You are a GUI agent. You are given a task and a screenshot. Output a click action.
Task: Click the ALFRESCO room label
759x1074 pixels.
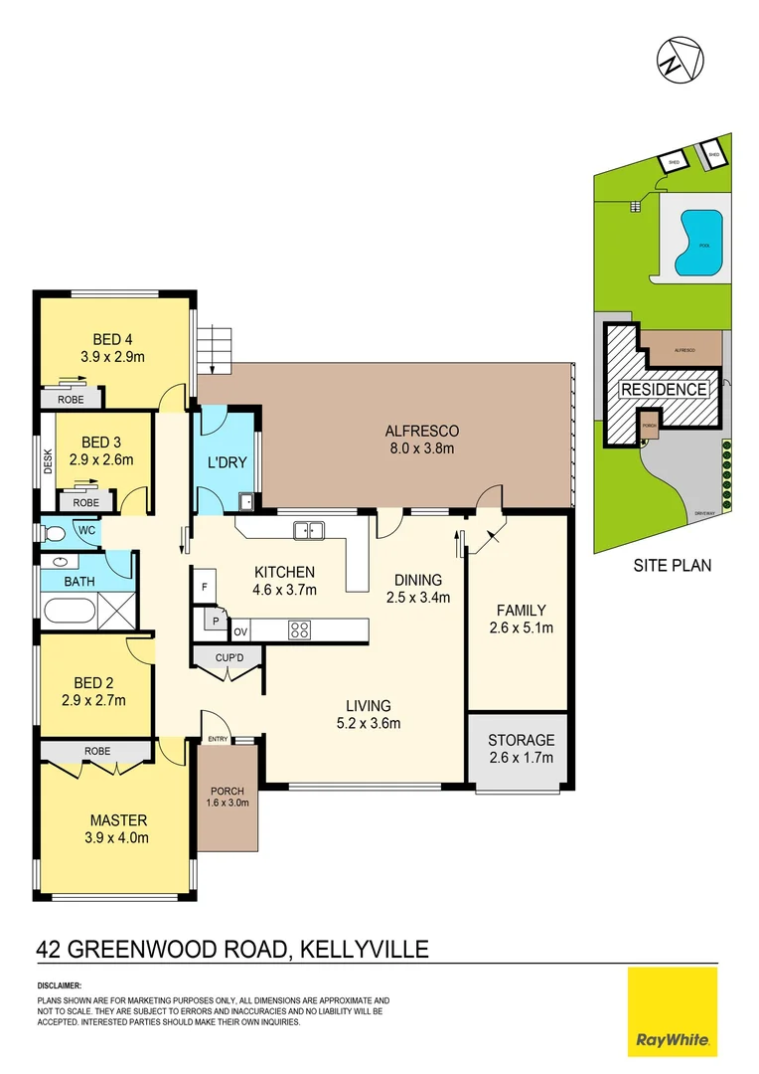pos(421,432)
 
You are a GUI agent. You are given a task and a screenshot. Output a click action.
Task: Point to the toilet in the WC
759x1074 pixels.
pos(55,534)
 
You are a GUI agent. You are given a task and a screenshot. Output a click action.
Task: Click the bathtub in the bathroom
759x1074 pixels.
pos(68,608)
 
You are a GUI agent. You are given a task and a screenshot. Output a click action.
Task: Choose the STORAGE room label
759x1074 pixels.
pos(522,741)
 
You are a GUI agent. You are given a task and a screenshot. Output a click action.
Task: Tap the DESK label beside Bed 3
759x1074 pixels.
pos(47,459)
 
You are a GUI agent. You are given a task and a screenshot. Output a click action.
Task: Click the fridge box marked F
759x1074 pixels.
pos(204,587)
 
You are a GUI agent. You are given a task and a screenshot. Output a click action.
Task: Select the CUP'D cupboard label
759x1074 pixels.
pos(230,657)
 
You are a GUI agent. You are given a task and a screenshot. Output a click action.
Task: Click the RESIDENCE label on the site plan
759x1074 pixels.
pos(665,390)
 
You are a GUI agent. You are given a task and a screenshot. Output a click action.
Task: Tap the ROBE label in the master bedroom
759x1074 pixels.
pos(97,751)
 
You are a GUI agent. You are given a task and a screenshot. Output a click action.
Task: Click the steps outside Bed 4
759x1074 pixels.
pos(216,351)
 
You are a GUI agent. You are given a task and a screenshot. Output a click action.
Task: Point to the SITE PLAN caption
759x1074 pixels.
pos(672,566)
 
